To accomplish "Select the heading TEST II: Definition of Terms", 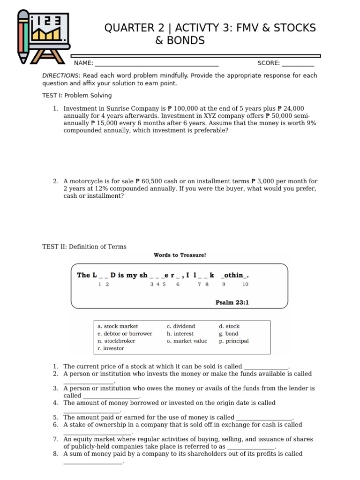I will [x=84, y=247].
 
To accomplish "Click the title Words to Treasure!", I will [x=180, y=255].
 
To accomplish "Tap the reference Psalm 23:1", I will [x=232, y=303].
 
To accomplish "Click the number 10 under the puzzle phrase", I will [x=245, y=285].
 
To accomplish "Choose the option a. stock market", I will [x=118, y=326].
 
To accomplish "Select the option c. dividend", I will [x=181, y=326].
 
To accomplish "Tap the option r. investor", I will [x=111, y=349].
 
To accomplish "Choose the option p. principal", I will [x=233, y=341].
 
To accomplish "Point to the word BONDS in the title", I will [x=180, y=41].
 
